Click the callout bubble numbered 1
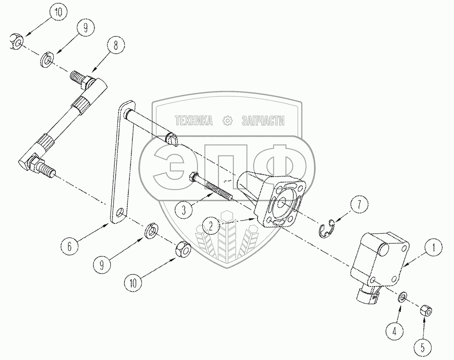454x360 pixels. (x=433, y=248)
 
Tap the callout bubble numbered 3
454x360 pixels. (x=184, y=210)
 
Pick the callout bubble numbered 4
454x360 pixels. (x=394, y=330)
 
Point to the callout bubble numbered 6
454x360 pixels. (x=69, y=246)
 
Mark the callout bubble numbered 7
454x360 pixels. (x=359, y=205)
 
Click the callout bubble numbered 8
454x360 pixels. (x=116, y=46)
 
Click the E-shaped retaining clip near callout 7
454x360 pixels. (x=326, y=229)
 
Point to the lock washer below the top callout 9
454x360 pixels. (x=47, y=59)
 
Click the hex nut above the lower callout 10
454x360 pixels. (x=183, y=250)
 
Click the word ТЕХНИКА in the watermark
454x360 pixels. (x=193, y=120)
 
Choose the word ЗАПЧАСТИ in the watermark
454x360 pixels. (x=263, y=120)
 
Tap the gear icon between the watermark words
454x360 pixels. (x=227, y=121)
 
